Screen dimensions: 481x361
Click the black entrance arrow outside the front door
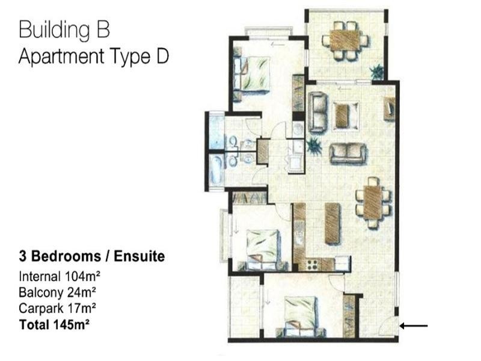(414, 326)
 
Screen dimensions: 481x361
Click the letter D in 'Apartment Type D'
(162, 56)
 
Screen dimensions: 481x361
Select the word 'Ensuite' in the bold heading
(139, 256)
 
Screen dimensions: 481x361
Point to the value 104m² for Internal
(82, 276)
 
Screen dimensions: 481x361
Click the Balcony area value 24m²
(82, 292)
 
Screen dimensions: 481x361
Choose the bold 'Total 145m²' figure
(54, 324)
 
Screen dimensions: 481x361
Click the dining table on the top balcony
(345, 40)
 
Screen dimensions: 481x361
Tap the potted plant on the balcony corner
(377, 72)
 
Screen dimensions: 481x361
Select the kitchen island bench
(332, 224)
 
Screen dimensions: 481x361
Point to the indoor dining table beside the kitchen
(372, 203)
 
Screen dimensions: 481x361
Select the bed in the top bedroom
(251, 76)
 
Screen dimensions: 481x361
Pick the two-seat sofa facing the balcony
(348, 153)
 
